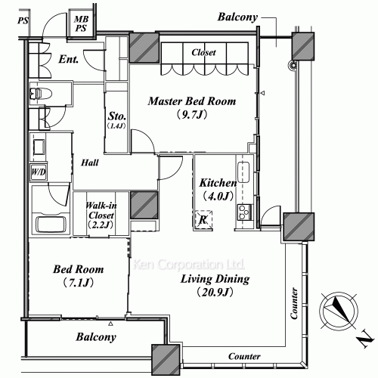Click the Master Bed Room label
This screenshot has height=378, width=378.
[192, 101]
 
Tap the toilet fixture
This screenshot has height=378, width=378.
[40, 94]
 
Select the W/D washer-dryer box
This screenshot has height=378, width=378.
[39, 172]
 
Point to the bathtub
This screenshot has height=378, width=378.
[51, 224]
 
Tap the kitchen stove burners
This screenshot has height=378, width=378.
[244, 212]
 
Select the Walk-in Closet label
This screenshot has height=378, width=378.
[101, 210]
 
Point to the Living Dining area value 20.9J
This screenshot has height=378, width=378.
[215, 293]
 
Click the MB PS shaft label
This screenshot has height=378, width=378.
[81, 23]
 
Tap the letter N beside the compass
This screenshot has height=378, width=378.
[365, 341]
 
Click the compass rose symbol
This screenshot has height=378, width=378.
[339, 311]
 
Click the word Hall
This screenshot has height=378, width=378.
[90, 163]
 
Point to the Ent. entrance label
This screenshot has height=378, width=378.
[69, 59]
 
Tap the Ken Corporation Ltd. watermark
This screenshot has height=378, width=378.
[188, 265]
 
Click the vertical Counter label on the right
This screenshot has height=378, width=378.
[294, 303]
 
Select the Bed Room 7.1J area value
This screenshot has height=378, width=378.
[78, 283]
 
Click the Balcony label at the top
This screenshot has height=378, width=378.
[237, 17]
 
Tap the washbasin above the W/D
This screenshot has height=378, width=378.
[39, 147]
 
